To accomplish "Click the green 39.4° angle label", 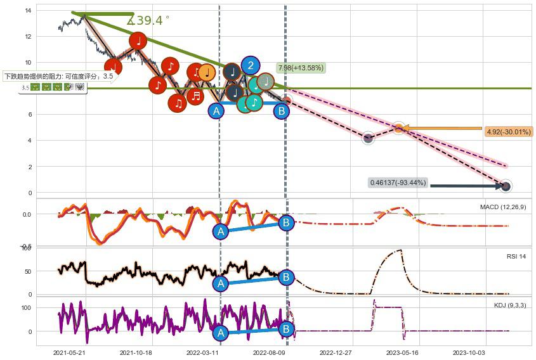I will pos(148,21).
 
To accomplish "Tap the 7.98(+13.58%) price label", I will pos(301,68).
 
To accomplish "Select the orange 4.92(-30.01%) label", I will pos(508,132).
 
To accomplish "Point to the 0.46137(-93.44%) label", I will pos(398,183).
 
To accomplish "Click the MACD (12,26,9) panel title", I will pos(503,207).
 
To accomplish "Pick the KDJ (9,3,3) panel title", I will pos(510,305).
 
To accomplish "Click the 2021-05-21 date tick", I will pos(69,352).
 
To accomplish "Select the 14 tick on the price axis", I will pos(29,11).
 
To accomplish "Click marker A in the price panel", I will pos(216,112).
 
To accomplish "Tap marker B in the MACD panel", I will pos(286,222).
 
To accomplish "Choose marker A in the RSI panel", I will pos(220,283).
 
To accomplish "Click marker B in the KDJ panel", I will pos(286,330).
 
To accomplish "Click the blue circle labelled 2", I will pos(251,65).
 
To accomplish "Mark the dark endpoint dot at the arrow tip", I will pos(506,186).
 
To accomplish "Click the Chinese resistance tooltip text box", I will pos(58,76).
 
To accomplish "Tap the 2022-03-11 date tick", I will pos(202,352).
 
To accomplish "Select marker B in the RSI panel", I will pos(286,277).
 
